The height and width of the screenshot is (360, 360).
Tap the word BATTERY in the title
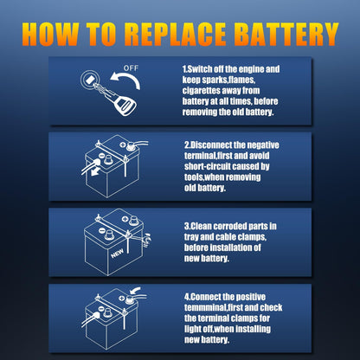tap(285, 33)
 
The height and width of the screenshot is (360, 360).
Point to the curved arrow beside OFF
tap(126, 82)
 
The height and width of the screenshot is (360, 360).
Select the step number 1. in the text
tap(187, 67)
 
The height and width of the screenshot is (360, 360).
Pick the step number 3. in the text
tap(187, 226)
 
